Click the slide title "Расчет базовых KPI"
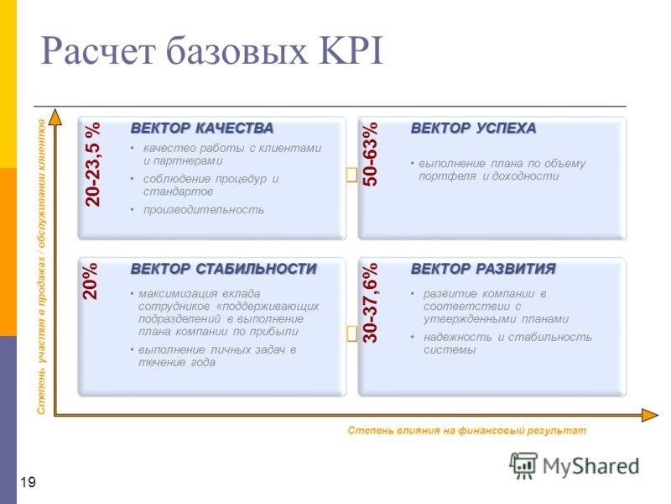pos(211,51)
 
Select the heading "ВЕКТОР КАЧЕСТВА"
pos(202,129)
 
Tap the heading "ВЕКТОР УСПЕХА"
pos(473,129)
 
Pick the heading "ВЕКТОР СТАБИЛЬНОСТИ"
pos(223,269)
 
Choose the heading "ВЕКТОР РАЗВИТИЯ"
pos(483,269)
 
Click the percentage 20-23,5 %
pos(92,165)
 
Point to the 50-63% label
pos(371,154)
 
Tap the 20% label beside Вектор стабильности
pos(90,281)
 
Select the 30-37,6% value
pos(371,303)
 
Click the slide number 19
pos(29,482)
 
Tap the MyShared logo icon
pos(523,465)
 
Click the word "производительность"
pos(204,210)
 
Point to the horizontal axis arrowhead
pos(650,415)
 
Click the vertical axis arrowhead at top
pos(55,117)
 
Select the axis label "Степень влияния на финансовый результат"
pos(467,430)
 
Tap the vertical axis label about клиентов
pos(41,266)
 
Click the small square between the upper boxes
pos(351,175)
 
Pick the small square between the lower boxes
pos(351,333)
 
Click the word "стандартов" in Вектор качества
pos(178,192)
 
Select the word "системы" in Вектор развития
pos(450,350)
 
